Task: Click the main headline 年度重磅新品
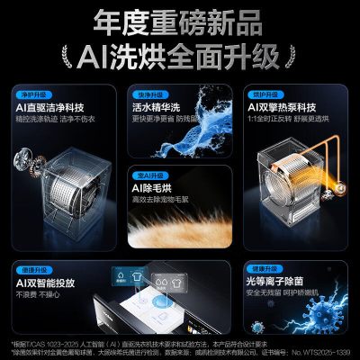(x=180, y=21)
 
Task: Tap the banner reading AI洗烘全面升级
(x=180, y=57)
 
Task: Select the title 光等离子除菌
(x=287, y=283)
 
